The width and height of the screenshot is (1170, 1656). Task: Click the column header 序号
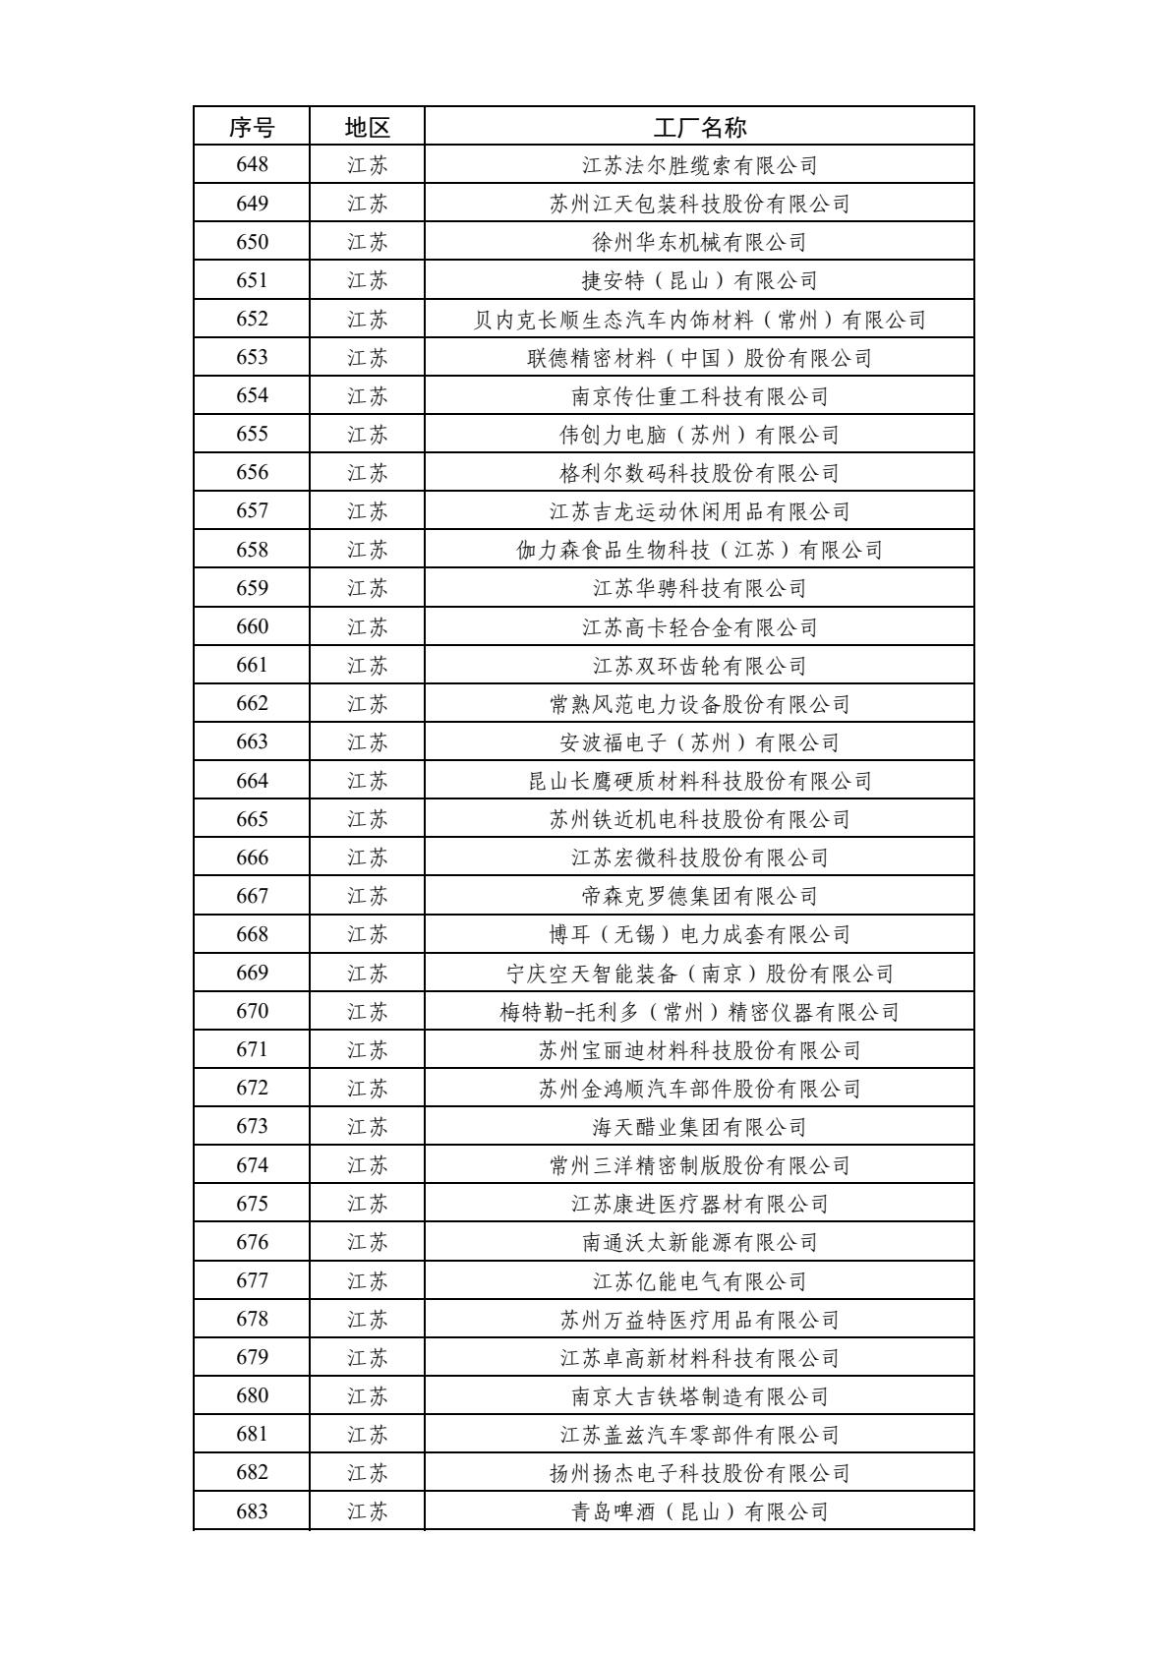(x=252, y=127)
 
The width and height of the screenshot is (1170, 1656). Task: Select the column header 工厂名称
(x=699, y=127)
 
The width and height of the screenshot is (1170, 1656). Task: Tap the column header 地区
(x=367, y=127)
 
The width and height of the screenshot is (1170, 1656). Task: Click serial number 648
(x=252, y=165)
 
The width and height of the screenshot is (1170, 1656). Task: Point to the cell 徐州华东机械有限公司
(x=699, y=242)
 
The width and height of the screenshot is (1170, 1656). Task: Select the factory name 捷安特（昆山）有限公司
(x=699, y=280)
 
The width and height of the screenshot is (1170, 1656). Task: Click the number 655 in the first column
(x=252, y=434)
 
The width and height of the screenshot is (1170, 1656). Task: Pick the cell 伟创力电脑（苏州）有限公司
(x=699, y=434)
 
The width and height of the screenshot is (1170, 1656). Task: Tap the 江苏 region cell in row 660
(x=367, y=626)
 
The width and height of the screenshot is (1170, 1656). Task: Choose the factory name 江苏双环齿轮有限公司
(x=699, y=666)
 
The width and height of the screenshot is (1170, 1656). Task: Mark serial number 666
(x=252, y=858)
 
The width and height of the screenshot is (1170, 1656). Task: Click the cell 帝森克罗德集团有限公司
(x=699, y=896)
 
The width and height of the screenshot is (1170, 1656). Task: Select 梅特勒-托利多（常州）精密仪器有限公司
(x=699, y=1012)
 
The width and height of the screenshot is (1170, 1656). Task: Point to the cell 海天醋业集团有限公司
(x=699, y=1127)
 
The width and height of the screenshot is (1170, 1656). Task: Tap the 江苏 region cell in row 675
(x=367, y=1204)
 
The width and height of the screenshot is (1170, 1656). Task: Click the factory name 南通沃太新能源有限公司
(x=699, y=1242)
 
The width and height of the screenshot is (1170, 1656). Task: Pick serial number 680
(x=252, y=1396)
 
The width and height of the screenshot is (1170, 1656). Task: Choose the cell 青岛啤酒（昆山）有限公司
(x=699, y=1511)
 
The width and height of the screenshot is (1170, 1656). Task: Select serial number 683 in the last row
(x=252, y=1511)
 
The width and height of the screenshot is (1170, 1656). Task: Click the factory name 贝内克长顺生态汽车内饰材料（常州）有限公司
(x=699, y=319)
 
